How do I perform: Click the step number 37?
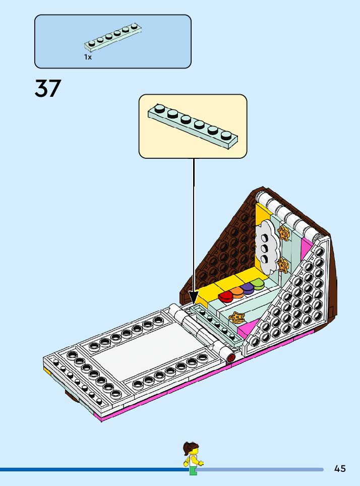(48, 89)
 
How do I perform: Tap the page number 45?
(340, 469)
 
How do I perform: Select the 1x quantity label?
(88, 57)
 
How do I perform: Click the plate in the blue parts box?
(112, 39)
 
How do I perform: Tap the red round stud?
(225, 295)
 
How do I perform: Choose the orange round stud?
(237, 291)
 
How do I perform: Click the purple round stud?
(248, 288)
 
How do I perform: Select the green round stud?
(258, 284)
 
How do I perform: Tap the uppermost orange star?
(284, 233)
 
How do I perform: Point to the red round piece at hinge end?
(231, 358)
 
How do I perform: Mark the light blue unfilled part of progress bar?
(262, 469)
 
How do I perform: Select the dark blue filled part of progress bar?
(91, 469)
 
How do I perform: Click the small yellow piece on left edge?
(47, 372)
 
